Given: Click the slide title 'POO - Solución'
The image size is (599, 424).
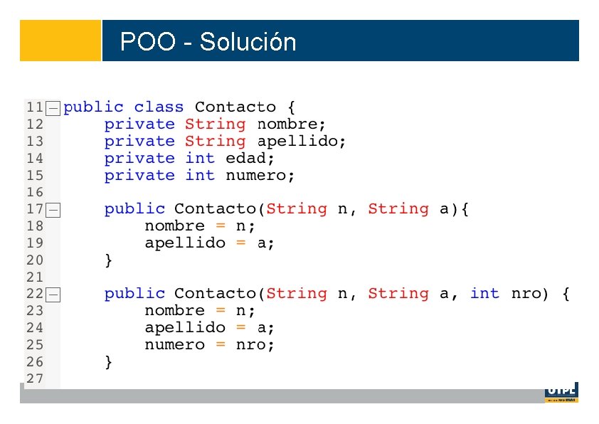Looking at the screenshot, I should tap(208, 42).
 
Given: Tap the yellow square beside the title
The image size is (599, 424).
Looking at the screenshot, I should tap(60, 41).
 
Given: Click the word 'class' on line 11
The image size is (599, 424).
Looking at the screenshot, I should tap(159, 107).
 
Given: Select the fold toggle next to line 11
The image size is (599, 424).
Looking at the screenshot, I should tap(53, 108).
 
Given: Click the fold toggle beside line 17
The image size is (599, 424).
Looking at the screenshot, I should tap(53, 210).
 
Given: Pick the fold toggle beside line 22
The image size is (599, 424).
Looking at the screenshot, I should tap(53, 295).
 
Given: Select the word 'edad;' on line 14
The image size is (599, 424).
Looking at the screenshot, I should tap(250, 159).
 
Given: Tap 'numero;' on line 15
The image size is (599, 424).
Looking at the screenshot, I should tap(260, 176).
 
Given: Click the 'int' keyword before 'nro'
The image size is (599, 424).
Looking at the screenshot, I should tap(484, 294).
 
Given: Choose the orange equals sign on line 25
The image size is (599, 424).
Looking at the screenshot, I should tap(221, 345).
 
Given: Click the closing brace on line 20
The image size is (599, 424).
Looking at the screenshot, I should tap(108, 260).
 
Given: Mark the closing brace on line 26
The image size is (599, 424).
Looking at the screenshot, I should tap(108, 362).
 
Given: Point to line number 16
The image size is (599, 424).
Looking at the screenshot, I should tap(34, 192).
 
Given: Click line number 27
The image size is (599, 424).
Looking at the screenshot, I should tap(34, 378).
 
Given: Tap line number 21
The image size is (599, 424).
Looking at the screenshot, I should tap(34, 277).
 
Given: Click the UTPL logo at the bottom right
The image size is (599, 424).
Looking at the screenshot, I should tap(561, 392).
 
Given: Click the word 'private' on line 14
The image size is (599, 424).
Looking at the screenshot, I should tap(139, 159).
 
